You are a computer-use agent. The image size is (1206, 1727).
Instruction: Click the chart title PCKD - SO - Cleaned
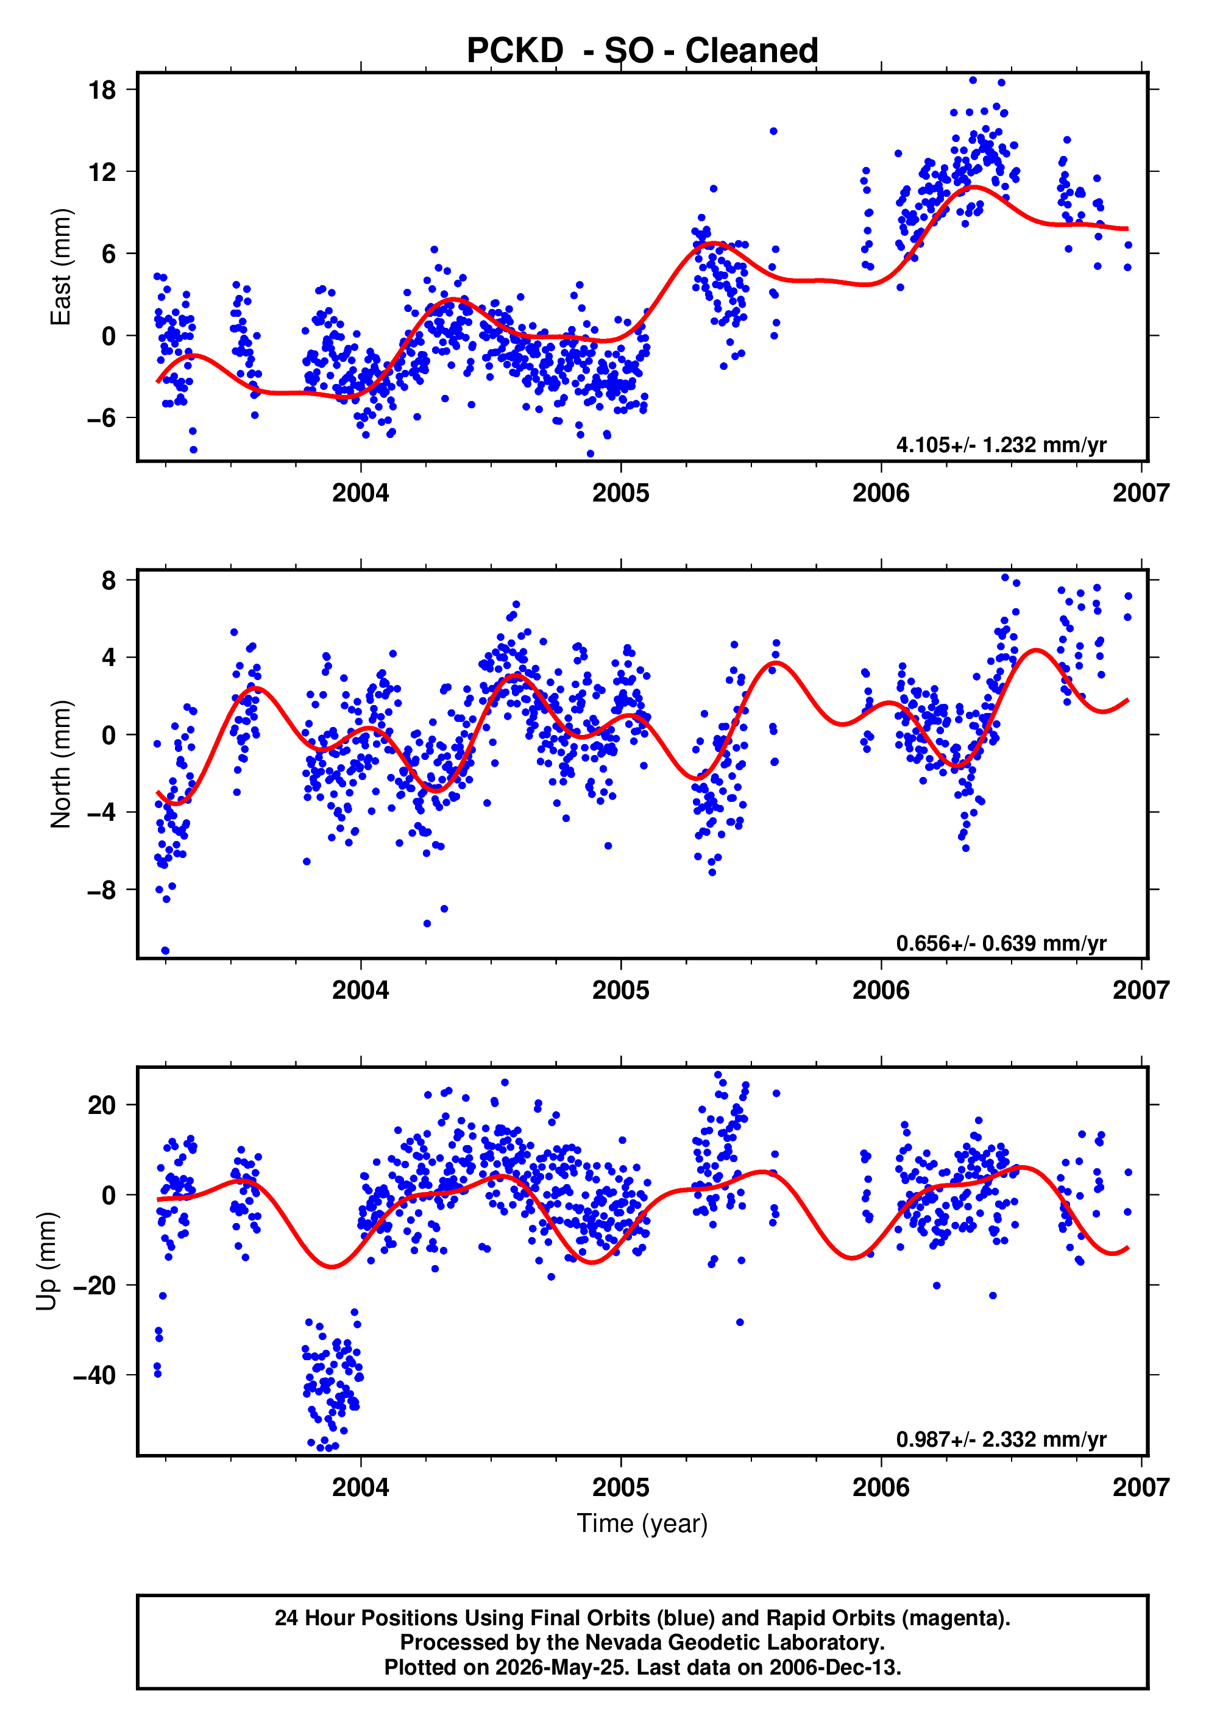click(642, 51)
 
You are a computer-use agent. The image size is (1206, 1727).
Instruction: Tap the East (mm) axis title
click(60, 267)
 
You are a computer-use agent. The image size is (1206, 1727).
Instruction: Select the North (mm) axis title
click(60, 764)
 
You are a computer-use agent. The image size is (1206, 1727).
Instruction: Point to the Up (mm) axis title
click(47, 1261)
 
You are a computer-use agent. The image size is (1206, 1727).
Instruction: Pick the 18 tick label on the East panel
click(102, 90)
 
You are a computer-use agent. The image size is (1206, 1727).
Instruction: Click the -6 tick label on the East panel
click(102, 417)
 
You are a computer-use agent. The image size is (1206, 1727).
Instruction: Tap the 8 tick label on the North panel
click(110, 580)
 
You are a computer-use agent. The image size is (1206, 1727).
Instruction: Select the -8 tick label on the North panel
click(102, 890)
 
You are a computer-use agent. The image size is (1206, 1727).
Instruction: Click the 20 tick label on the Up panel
click(102, 1105)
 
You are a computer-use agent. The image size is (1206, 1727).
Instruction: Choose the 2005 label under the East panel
click(621, 494)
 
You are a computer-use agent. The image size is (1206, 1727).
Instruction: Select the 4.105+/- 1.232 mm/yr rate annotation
click(1001, 444)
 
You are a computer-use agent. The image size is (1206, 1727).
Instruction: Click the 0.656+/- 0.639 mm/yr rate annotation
click(1001, 943)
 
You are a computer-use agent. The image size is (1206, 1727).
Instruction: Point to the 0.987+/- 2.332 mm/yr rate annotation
click(1001, 1439)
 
